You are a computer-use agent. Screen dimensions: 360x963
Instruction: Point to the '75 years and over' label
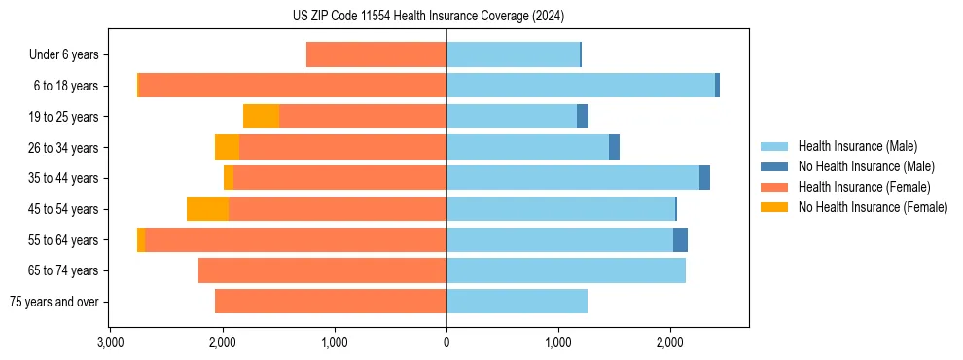pos(54,302)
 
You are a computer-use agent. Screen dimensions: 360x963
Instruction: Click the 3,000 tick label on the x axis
pos(110,343)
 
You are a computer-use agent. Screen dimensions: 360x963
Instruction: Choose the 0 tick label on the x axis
pos(446,343)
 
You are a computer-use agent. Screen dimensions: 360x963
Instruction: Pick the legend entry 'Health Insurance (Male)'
pos(857,146)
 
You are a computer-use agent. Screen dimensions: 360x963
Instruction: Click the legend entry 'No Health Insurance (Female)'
pos(873,207)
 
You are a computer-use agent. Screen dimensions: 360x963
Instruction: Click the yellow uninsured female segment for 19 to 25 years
pos(261,117)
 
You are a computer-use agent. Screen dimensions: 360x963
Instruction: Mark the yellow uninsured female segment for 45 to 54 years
pos(207,209)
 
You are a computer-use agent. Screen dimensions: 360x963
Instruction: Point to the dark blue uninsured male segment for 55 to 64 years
pos(680,240)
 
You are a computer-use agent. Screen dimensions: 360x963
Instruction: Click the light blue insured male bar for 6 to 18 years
pos(581,86)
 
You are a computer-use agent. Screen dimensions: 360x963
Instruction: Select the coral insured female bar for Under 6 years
pos(376,55)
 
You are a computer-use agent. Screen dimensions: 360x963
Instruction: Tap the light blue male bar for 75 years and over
pos(517,302)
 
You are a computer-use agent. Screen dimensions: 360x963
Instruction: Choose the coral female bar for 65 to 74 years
pos(322,270)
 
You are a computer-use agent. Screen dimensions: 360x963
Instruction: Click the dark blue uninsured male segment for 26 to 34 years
pos(614,148)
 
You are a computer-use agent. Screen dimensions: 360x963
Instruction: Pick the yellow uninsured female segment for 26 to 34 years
pos(227,148)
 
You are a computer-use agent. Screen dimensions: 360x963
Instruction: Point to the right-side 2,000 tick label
pos(669,343)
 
